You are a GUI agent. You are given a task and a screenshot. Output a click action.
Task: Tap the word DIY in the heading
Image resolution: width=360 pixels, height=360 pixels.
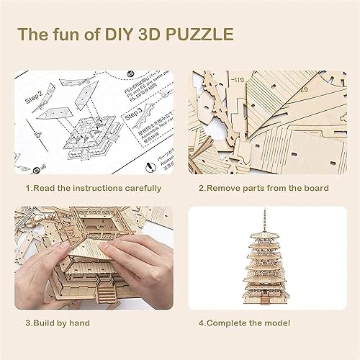[x=125, y=34]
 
